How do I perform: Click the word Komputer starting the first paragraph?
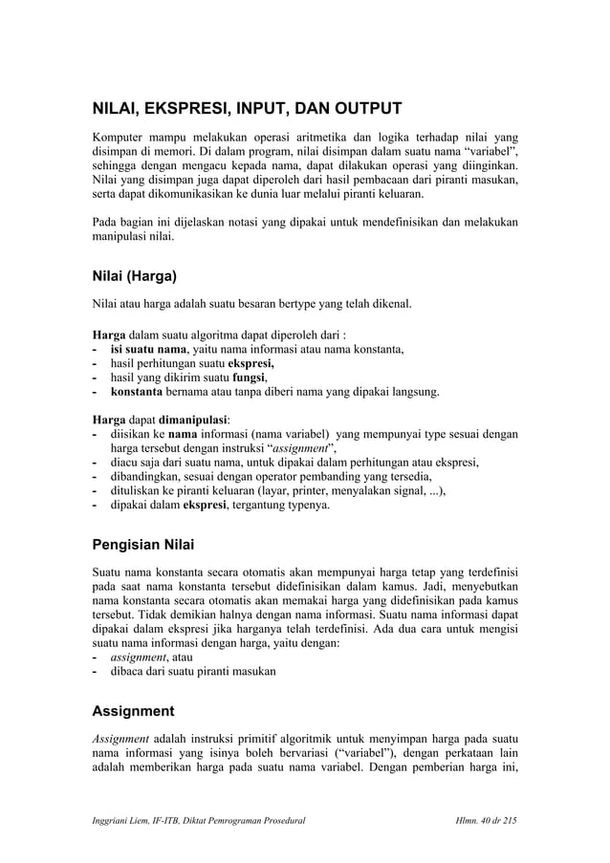pos(120,134)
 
